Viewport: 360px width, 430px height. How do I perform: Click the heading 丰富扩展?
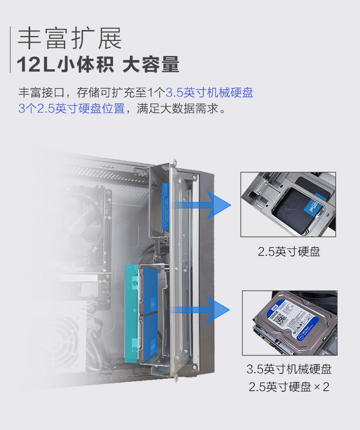tap(70, 38)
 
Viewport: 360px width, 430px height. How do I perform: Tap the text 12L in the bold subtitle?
tap(36, 65)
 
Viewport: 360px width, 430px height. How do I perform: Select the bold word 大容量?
tap(151, 65)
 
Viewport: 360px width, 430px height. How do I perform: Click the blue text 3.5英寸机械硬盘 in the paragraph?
tap(209, 93)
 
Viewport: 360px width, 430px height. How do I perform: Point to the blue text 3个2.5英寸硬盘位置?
tap(72, 109)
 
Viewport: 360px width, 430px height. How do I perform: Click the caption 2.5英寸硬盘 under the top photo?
tap(289, 251)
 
